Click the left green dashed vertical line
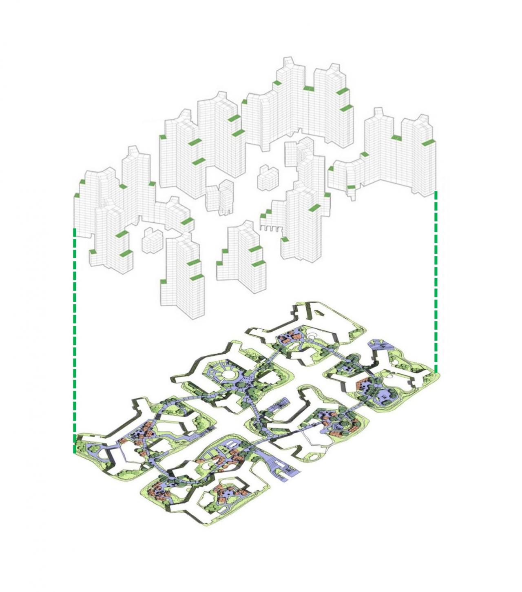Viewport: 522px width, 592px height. pos(74,339)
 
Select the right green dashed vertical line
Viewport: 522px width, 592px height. pos(436,282)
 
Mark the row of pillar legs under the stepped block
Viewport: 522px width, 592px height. pos(270,228)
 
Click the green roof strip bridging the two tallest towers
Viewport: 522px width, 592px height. pos(308,88)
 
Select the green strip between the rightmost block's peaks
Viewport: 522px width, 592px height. pos(396,137)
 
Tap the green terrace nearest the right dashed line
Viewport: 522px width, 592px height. pos(428,143)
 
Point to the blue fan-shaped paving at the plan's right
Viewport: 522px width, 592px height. pos(379,345)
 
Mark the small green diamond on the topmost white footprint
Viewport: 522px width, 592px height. pos(319,313)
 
